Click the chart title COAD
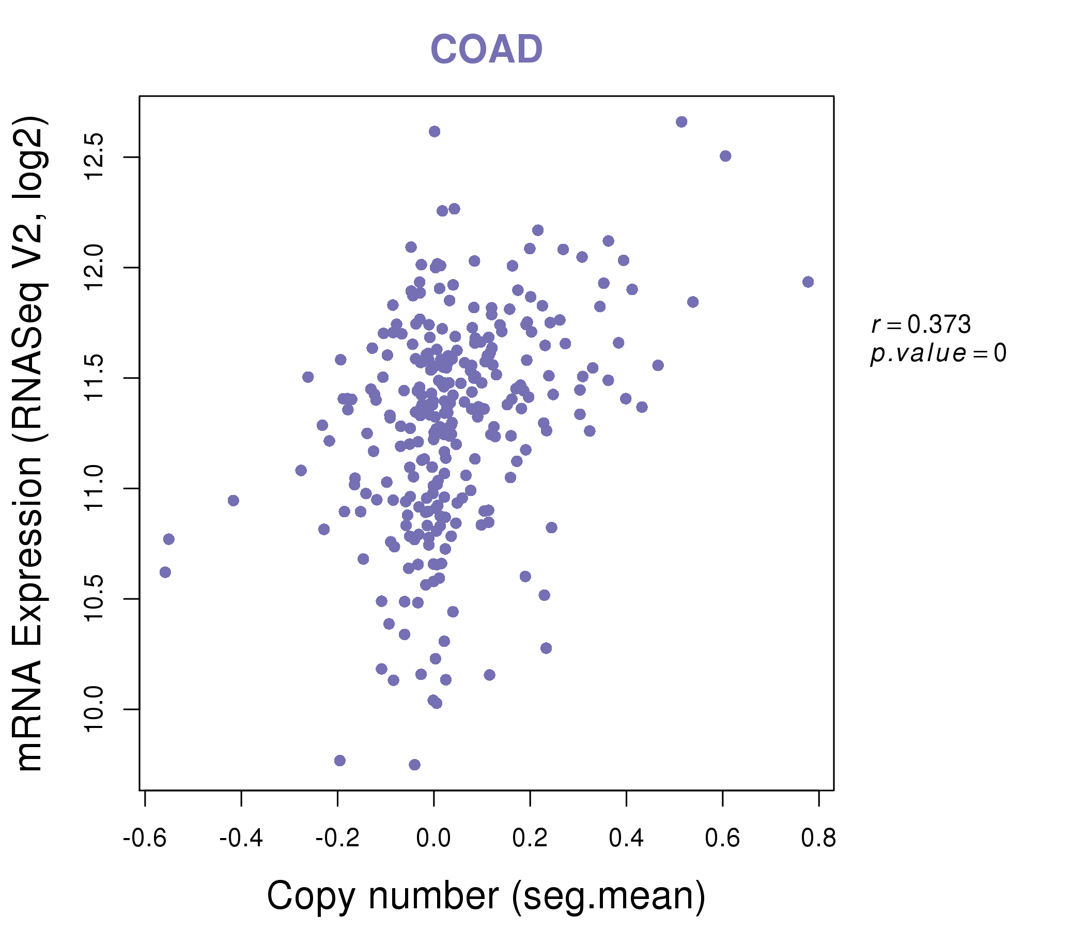pyautogui.click(x=486, y=49)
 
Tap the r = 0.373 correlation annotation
pyautogui.click(x=921, y=324)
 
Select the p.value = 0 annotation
pyautogui.click(x=938, y=353)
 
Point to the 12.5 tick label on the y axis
pyautogui.click(x=94, y=157)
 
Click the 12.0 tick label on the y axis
pyautogui.click(x=94, y=268)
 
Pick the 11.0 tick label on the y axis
pyautogui.click(x=94, y=489)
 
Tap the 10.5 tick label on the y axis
pyautogui.click(x=94, y=598)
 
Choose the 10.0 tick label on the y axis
pyautogui.click(x=94, y=709)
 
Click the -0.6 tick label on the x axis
pyautogui.click(x=145, y=839)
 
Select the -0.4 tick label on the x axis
pyautogui.click(x=241, y=839)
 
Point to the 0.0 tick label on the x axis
pyautogui.click(x=433, y=839)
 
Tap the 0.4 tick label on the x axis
pyautogui.click(x=626, y=839)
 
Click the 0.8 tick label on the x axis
pyautogui.click(x=818, y=839)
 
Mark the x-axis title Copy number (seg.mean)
pyautogui.click(x=486, y=896)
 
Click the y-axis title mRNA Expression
pyautogui.click(x=30, y=443)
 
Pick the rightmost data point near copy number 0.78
pyautogui.click(x=808, y=282)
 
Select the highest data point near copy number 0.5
pyautogui.click(x=681, y=122)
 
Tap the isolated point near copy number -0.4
pyautogui.click(x=234, y=501)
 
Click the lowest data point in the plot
pyautogui.click(x=414, y=765)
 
